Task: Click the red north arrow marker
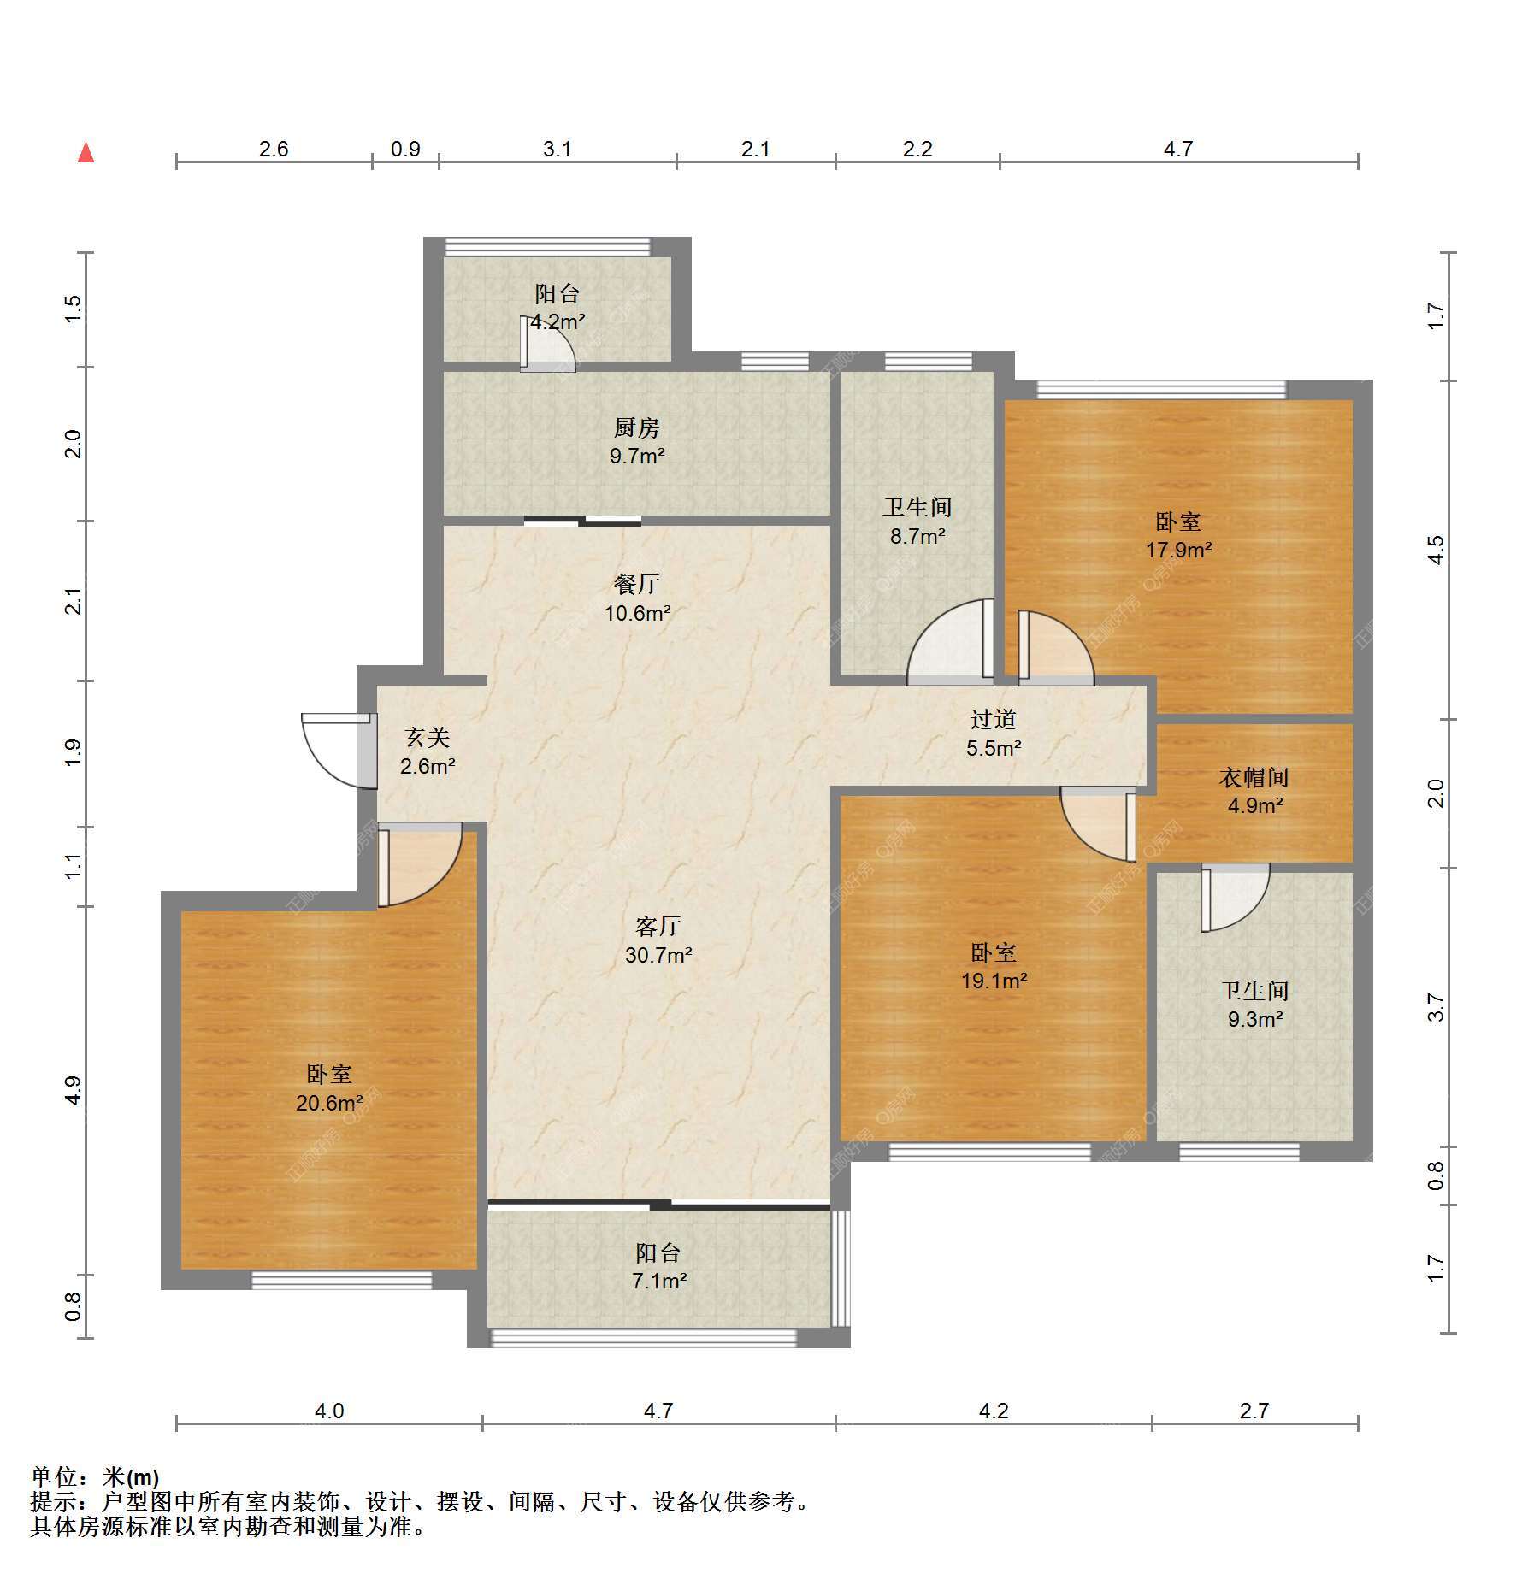86,152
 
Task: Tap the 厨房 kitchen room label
637,427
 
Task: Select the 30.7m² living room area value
658,955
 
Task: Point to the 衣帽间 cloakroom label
1254,777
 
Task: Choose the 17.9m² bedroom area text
1178,550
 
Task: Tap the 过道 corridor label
994,720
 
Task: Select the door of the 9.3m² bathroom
1236,897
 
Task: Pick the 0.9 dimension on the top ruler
405,149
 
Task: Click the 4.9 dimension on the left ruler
74,1090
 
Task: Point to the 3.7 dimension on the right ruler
1437,1007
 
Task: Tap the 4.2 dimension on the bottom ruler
994,1411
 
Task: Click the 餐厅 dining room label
637,584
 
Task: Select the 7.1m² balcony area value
659,1281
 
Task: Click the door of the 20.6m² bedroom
420,864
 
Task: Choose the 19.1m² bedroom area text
994,981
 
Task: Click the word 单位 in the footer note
54,1476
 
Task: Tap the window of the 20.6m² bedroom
342,1280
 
